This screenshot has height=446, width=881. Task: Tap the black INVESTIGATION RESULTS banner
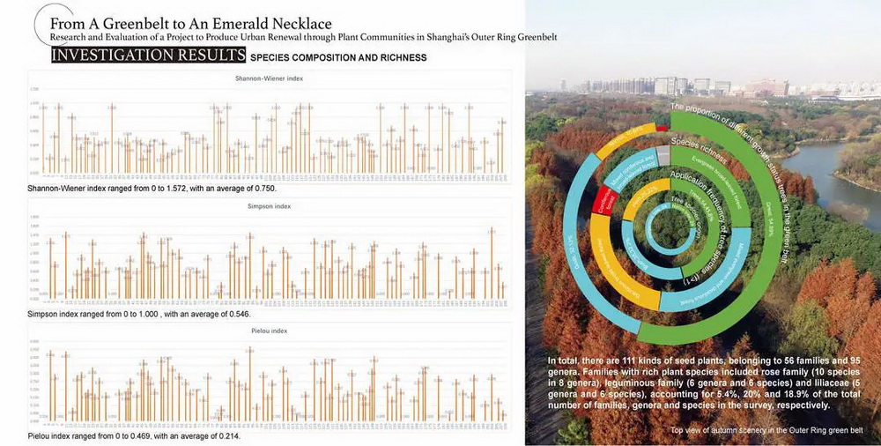pyautogui.click(x=147, y=56)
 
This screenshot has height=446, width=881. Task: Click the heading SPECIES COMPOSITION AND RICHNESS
pyautogui.click(x=338, y=57)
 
